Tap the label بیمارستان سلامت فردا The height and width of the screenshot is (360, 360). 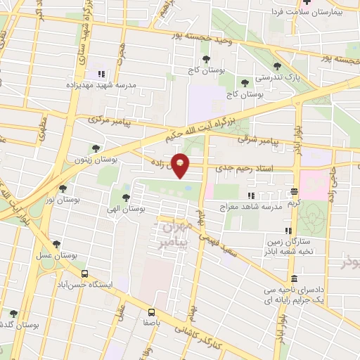[311, 13]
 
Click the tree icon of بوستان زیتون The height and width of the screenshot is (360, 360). [96, 148]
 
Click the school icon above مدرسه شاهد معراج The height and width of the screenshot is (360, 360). [251, 195]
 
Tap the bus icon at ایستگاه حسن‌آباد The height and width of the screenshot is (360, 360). [84, 274]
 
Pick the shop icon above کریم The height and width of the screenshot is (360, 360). [294, 191]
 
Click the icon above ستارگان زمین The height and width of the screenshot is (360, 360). [288, 230]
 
